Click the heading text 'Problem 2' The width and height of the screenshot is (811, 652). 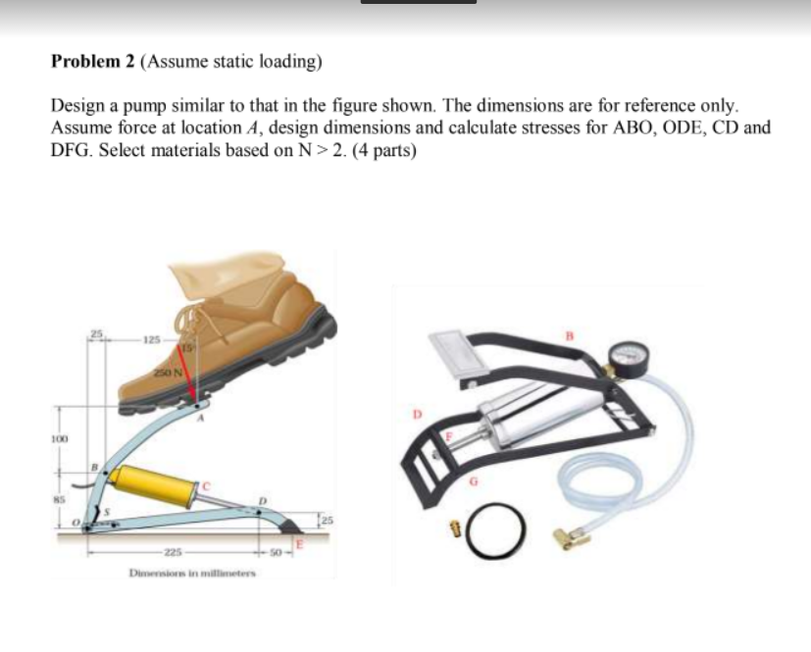pyautogui.click(x=94, y=62)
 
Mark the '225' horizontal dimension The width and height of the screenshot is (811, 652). pyautogui.click(x=175, y=551)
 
